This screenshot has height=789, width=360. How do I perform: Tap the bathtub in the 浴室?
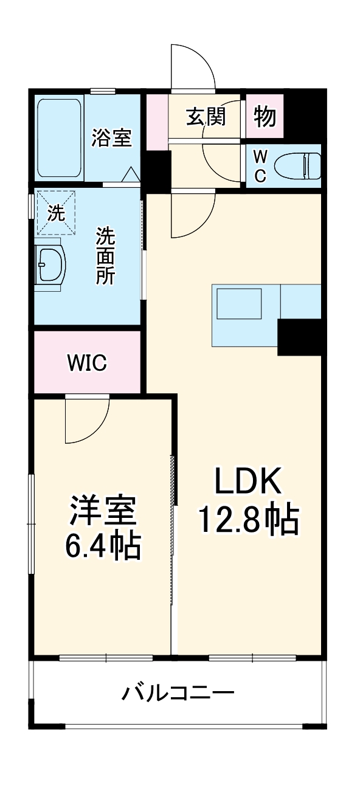(x=59, y=138)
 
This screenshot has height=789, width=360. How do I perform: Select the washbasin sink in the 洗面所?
(x=49, y=264)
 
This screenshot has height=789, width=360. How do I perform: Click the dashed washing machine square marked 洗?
(x=55, y=213)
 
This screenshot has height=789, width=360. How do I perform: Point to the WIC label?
(x=87, y=363)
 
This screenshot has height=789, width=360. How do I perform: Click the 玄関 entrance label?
(x=206, y=116)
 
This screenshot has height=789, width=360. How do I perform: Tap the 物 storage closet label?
(x=265, y=116)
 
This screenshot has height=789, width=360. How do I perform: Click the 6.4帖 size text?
(x=103, y=546)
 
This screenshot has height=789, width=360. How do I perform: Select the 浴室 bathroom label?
(x=111, y=137)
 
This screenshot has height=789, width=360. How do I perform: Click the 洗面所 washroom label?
(x=105, y=255)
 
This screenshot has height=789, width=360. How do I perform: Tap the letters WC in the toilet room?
(x=260, y=166)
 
